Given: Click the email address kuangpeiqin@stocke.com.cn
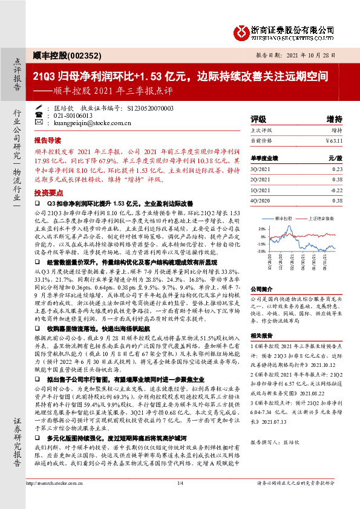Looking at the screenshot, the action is pyautogui.click(x=88, y=123).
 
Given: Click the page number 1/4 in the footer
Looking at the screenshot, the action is pyautogui.click(x=180, y=499).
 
